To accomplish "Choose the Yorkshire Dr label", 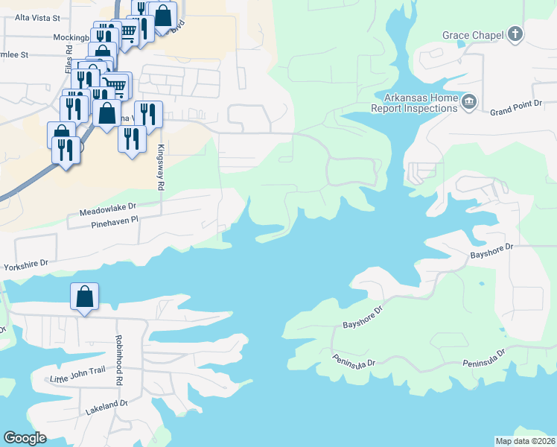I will (x=25, y=264).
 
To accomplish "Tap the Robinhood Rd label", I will (x=118, y=360).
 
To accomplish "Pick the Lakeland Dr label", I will (x=107, y=406).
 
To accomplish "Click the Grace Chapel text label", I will (x=472, y=35).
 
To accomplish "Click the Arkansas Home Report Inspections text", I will (x=421, y=103).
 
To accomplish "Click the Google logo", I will (x=25, y=438).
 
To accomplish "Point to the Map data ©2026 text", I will (x=526, y=441).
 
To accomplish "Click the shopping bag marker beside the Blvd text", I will (x=162, y=14).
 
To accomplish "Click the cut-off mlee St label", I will (x=14, y=54).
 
